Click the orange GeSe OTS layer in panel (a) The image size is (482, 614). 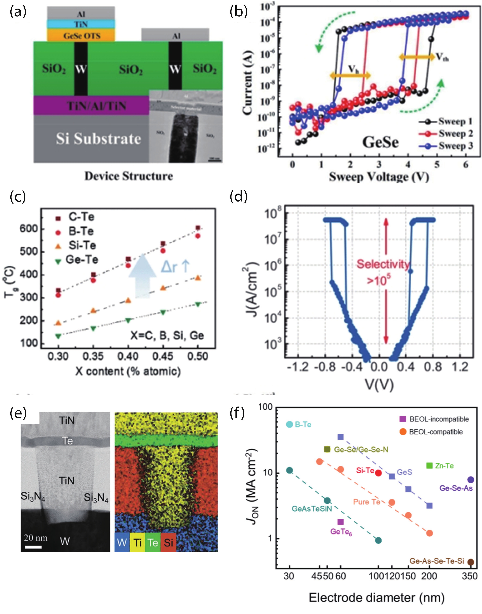click(x=81, y=35)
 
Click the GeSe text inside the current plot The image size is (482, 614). click(x=380, y=142)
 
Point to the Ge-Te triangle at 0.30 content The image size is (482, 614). click(x=58, y=336)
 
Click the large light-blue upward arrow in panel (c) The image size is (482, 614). click(x=142, y=276)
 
